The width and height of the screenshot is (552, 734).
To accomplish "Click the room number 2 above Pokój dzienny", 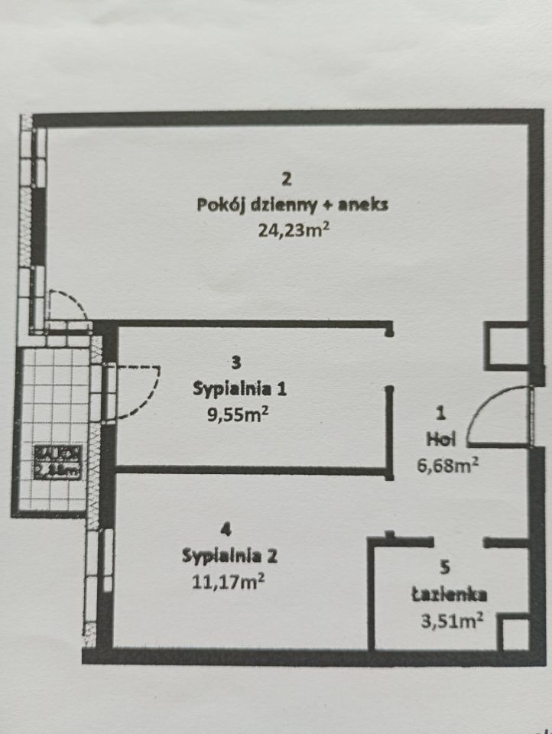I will [286, 180].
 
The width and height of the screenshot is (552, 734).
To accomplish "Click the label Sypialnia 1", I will [239, 388].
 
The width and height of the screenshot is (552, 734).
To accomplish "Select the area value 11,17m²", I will [229, 582].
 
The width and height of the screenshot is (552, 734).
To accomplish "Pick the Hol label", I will [439, 439].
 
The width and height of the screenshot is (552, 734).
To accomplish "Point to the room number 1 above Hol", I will [440, 414].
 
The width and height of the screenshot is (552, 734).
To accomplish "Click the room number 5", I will [445, 567].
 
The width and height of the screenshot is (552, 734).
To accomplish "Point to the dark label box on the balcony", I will [57, 460].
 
